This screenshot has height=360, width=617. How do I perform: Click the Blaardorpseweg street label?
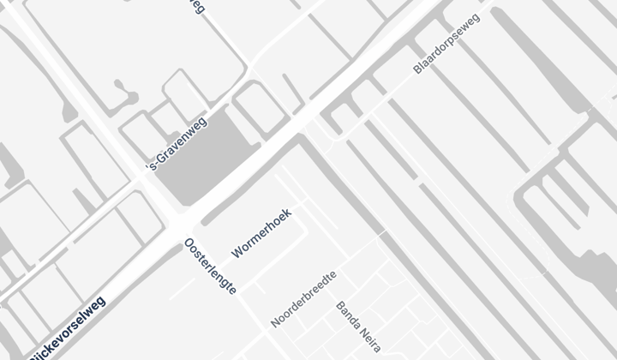coord(446,44)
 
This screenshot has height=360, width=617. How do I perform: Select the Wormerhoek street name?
coord(262,233)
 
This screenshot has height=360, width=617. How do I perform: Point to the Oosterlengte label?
coord(210,267)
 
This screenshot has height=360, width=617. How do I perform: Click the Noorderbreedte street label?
coord(303,299)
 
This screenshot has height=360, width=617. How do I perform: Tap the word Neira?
coord(365,338)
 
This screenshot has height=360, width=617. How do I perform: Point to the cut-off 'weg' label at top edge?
coord(196,7)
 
